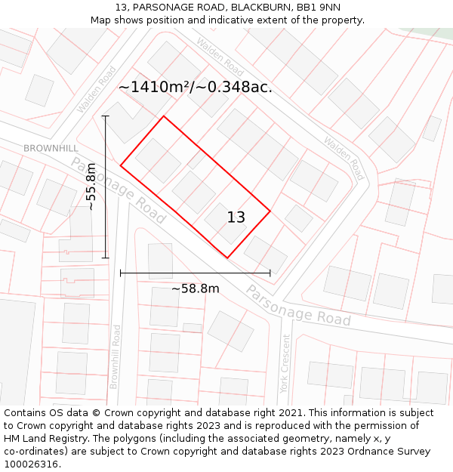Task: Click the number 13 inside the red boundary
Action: pos(236,217)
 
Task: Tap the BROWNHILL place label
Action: pos(51,149)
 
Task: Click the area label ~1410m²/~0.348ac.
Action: pos(195,88)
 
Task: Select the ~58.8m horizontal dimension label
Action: pos(195,288)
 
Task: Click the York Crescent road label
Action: pos(285,364)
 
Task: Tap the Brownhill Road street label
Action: pos(115,356)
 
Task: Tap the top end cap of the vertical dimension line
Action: pos(106,116)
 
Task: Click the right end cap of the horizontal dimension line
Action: pos(270,273)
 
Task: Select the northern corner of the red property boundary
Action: pos(164,116)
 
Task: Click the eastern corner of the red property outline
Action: pos(270,211)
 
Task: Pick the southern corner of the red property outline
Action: pos(226,258)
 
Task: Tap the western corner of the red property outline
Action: pos(121,165)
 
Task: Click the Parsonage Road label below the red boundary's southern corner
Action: pos(298,305)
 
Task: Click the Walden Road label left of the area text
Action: pos(96,89)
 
